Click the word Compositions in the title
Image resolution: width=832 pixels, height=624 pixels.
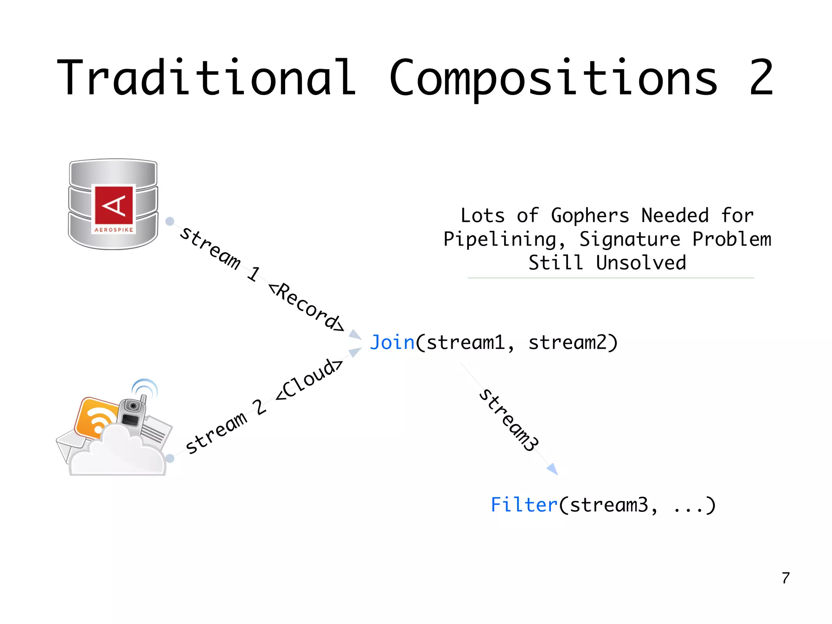point(553,78)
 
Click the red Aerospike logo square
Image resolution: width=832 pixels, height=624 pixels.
point(114,204)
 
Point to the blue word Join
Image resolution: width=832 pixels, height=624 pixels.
point(392,342)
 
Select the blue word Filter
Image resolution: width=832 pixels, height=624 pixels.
point(524,505)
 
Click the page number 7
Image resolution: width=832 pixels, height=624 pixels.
point(786,578)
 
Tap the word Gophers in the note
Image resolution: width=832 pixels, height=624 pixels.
point(590,215)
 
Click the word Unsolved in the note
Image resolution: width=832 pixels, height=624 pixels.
point(641,263)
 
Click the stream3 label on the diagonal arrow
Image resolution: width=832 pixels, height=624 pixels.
point(509,420)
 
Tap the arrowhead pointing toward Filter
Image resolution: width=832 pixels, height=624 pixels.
point(553,470)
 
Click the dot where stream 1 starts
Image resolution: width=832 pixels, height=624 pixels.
point(170,221)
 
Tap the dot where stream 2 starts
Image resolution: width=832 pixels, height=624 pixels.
point(170,458)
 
